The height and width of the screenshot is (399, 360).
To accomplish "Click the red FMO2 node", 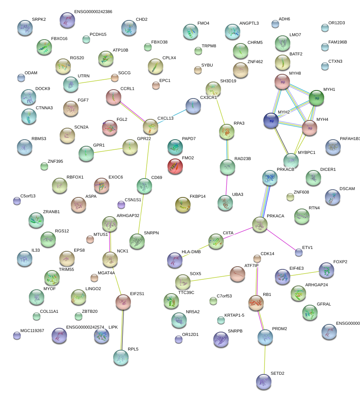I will pyautogui.click(x=175, y=166).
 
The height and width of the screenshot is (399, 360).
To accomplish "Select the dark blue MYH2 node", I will pyautogui.click(x=271, y=120).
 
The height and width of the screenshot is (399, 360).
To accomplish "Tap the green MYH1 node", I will pyautogui.click(x=316, y=98).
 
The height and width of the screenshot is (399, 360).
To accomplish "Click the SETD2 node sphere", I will pyautogui.click(x=264, y=382).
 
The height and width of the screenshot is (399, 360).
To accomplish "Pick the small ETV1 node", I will pyautogui.click(x=299, y=252).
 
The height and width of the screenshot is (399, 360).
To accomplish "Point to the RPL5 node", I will pyautogui.click(x=121, y=358).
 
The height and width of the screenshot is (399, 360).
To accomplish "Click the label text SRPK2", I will pyautogui.click(x=39, y=19).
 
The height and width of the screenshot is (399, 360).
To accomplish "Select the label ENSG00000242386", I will pyautogui.click(x=93, y=12).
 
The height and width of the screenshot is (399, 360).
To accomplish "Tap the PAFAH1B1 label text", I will pyautogui.click(x=350, y=139).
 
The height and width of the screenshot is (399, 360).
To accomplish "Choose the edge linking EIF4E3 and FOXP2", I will pyautogui.click(x=305, y=273).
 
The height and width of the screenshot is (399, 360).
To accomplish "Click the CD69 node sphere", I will pyautogui.click(x=144, y=186).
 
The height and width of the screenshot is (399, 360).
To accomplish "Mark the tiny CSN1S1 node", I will pyautogui.click(x=121, y=204).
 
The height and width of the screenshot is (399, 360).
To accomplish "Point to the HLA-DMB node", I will pyautogui.click(x=175, y=260).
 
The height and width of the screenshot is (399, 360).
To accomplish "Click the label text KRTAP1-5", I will pyautogui.click(x=234, y=315).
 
